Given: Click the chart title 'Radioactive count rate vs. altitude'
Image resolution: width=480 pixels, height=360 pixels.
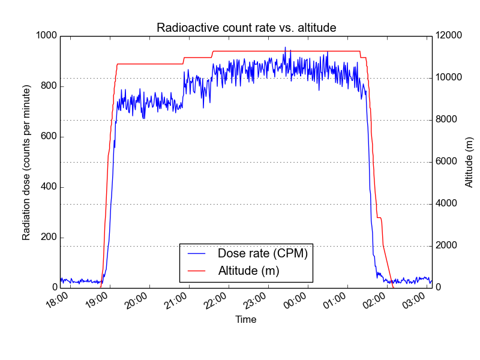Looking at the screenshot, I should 246,28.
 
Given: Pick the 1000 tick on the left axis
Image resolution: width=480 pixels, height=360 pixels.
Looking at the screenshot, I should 46,36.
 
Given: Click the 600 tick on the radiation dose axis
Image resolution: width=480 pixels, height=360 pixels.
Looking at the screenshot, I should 49,137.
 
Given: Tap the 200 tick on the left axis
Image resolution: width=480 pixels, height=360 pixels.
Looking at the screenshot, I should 49,238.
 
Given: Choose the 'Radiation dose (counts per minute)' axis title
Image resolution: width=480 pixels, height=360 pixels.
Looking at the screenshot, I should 26,162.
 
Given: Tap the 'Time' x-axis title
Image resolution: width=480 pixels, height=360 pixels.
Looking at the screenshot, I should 246,320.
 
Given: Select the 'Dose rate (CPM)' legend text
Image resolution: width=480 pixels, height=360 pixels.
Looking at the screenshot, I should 262,254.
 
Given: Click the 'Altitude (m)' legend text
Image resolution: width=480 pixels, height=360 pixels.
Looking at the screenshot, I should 248,271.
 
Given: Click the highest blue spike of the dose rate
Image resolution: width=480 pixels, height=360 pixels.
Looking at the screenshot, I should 285,47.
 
